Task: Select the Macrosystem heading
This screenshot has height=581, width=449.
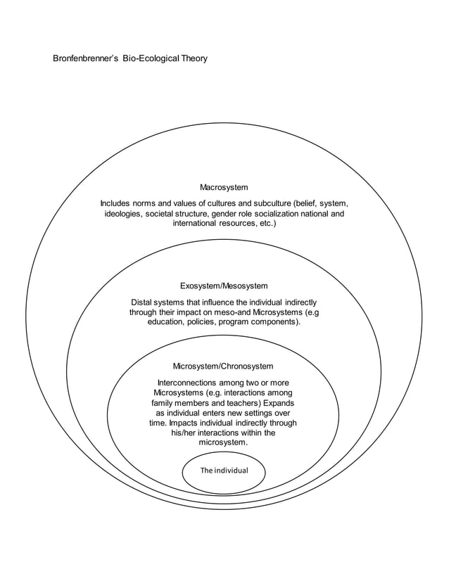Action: click(224, 188)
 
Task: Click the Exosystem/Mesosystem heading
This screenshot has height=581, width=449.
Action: click(224, 286)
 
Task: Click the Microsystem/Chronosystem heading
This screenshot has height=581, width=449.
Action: click(223, 366)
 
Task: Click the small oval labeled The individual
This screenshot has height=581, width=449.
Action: click(223, 471)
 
